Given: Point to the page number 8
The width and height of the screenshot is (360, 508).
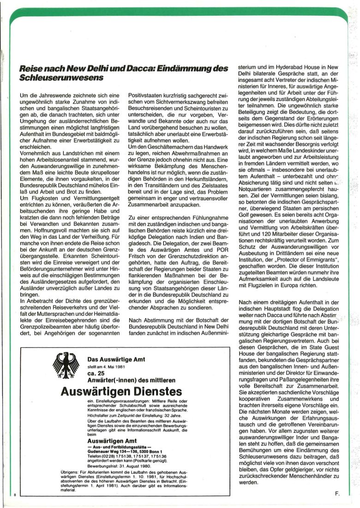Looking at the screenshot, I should coord(15,495).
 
